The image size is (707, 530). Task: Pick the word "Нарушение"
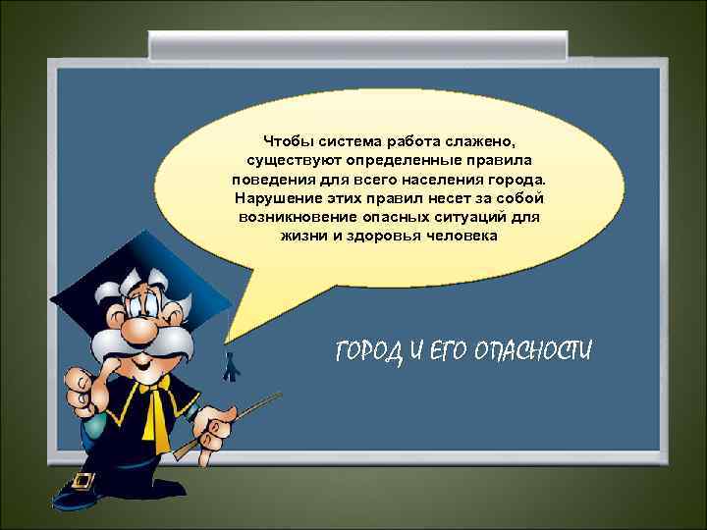pyautogui.click(x=278, y=199)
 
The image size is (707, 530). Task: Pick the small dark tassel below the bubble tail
pyautogui.click(x=230, y=367)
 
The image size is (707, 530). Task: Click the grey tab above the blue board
pyautogui.click(x=357, y=44)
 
